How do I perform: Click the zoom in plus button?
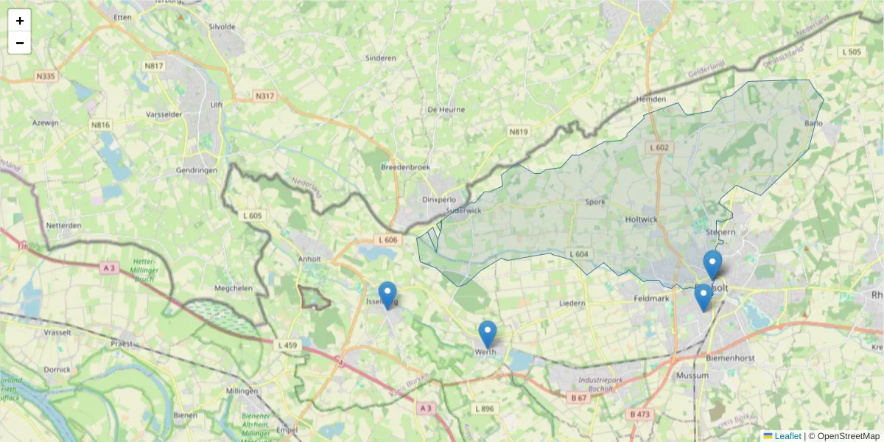pos(20,21)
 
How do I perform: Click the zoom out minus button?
pos(20,43)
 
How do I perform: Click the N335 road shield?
pos(45,76)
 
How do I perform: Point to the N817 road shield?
pos(154,66)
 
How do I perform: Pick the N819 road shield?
pos(519,132)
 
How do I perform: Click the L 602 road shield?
pos(659,148)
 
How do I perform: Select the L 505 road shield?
pos(852,52)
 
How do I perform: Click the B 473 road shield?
pos(640,415)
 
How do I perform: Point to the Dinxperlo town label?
pos(439,200)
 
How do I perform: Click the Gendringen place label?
pos(197,170)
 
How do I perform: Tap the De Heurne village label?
pos(446,110)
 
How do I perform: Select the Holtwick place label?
pos(641,220)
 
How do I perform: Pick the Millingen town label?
pos(242,390)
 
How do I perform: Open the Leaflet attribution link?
pos(787,436)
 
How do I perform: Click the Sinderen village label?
pos(381,57)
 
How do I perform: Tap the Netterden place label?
pos(63,225)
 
